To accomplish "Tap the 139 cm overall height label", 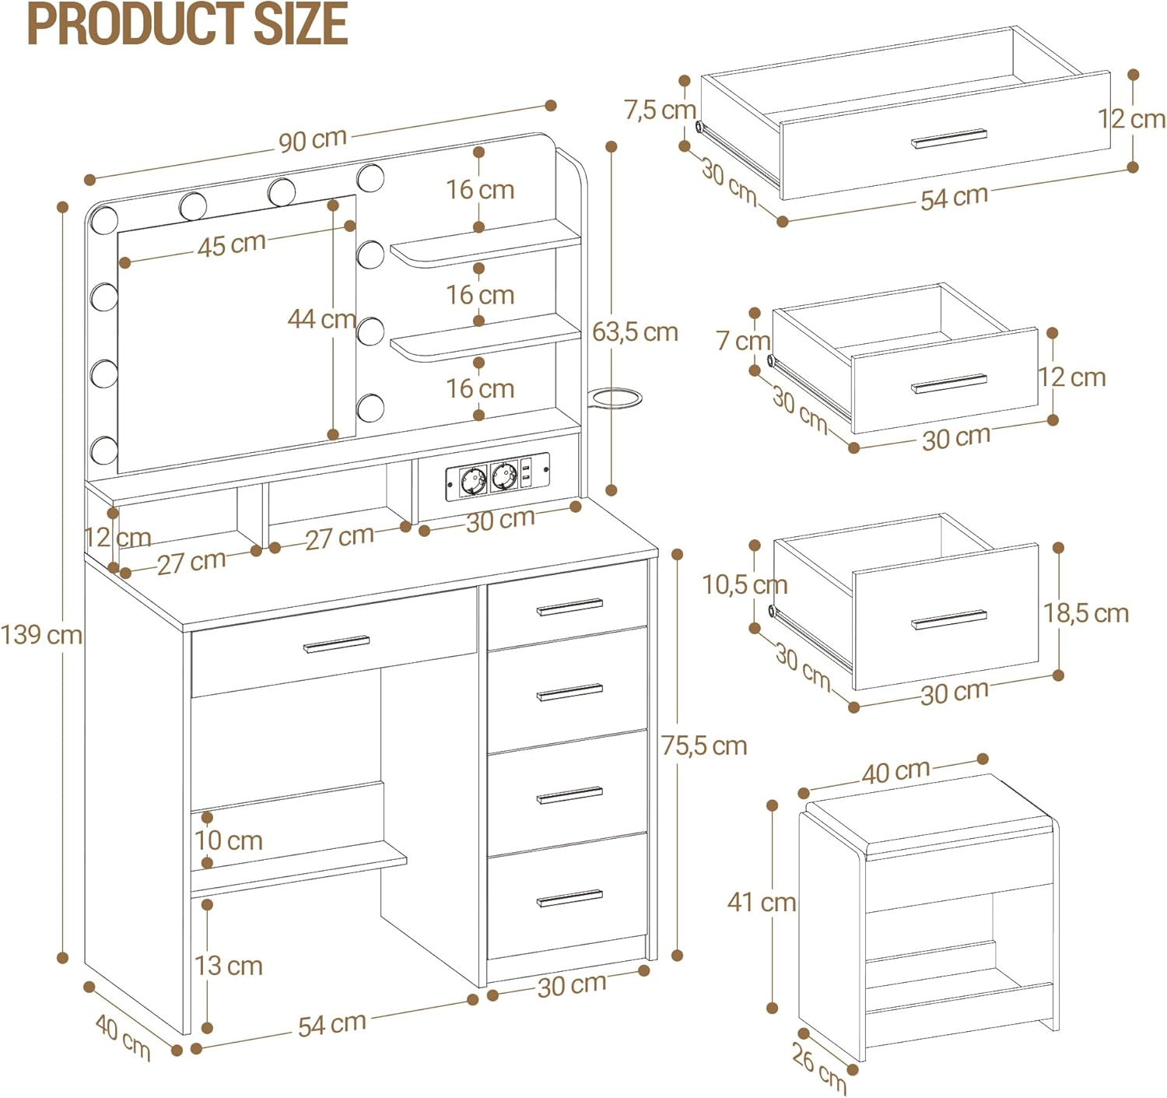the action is (x=41, y=636).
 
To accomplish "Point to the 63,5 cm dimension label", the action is (x=635, y=332).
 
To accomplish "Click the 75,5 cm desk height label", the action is (x=705, y=746).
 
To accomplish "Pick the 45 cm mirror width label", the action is (x=232, y=244).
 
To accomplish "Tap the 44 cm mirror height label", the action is (x=321, y=318).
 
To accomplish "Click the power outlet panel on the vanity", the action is (x=497, y=477).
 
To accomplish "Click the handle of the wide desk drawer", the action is (x=337, y=644).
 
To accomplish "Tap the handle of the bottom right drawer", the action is (x=569, y=898).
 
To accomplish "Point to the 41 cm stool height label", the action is (x=762, y=902).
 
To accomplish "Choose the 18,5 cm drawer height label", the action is (x=1086, y=614).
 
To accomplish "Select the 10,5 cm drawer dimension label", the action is (x=745, y=585).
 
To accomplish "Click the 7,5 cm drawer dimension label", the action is (x=660, y=110).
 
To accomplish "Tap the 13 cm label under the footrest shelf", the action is (x=228, y=966).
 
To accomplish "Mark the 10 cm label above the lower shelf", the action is (x=228, y=840).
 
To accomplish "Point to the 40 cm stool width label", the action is (x=896, y=772).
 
